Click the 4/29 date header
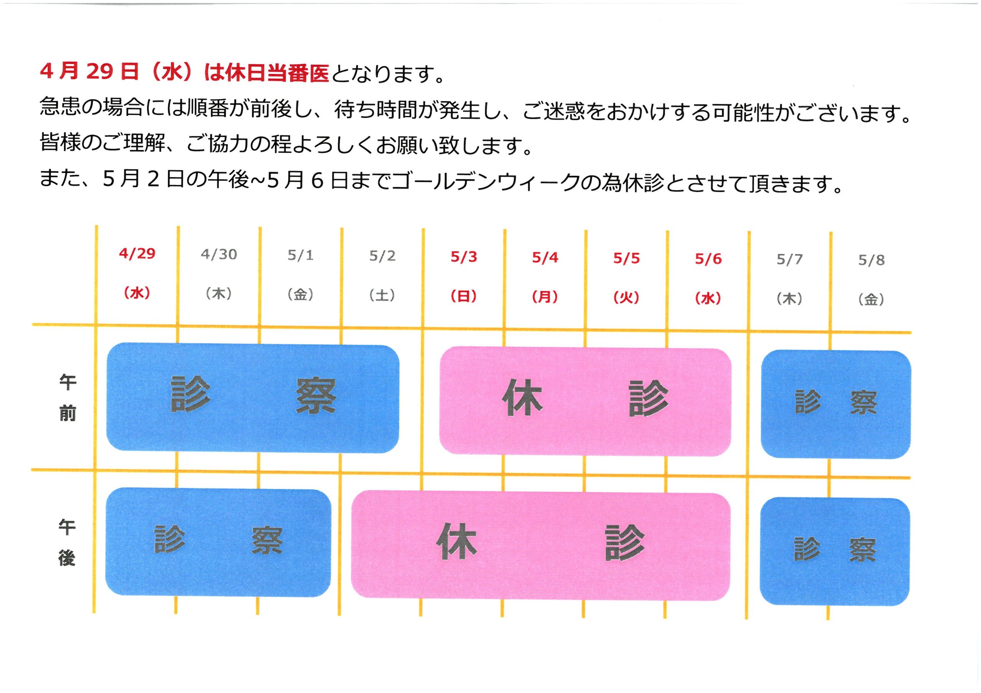click(x=137, y=253)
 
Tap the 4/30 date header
click(x=219, y=255)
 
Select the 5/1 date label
click(x=300, y=255)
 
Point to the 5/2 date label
click(x=382, y=256)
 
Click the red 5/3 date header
click(x=464, y=257)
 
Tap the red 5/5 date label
click(x=627, y=258)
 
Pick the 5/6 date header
click(x=709, y=259)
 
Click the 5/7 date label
click(x=789, y=259)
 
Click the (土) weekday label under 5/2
click(x=382, y=296)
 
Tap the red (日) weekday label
click(x=464, y=296)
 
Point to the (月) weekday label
click(x=545, y=297)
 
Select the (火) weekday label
click(x=627, y=297)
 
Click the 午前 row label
click(x=67, y=397)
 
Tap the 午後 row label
click(x=67, y=543)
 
